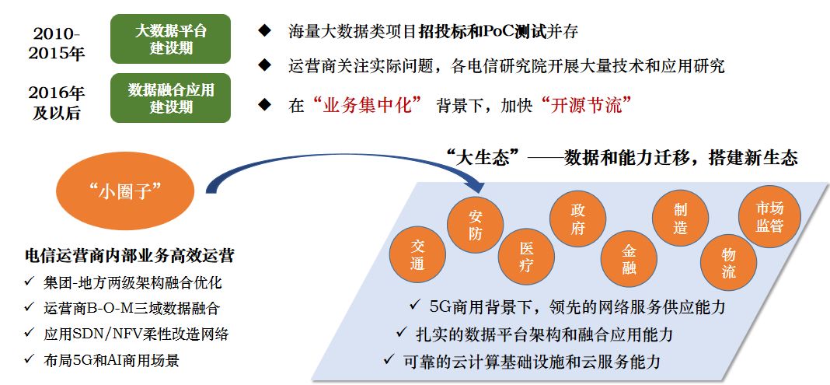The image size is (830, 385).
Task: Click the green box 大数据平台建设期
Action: pyautogui.click(x=171, y=39)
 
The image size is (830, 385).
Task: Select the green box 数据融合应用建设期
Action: pyautogui.click(x=171, y=98)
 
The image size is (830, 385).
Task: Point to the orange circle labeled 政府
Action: pyautogui.click(x=577, y=219)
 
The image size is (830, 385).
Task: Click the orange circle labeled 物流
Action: pyautogui.click(x=728, y=262)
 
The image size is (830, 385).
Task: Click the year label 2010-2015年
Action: pyautogui.click(x=56, y=44)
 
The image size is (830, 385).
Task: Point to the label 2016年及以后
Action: pyautogui.click(x=56, y=103)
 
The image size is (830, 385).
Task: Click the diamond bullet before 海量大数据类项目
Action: pyautogui.click(x=265, y=32)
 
